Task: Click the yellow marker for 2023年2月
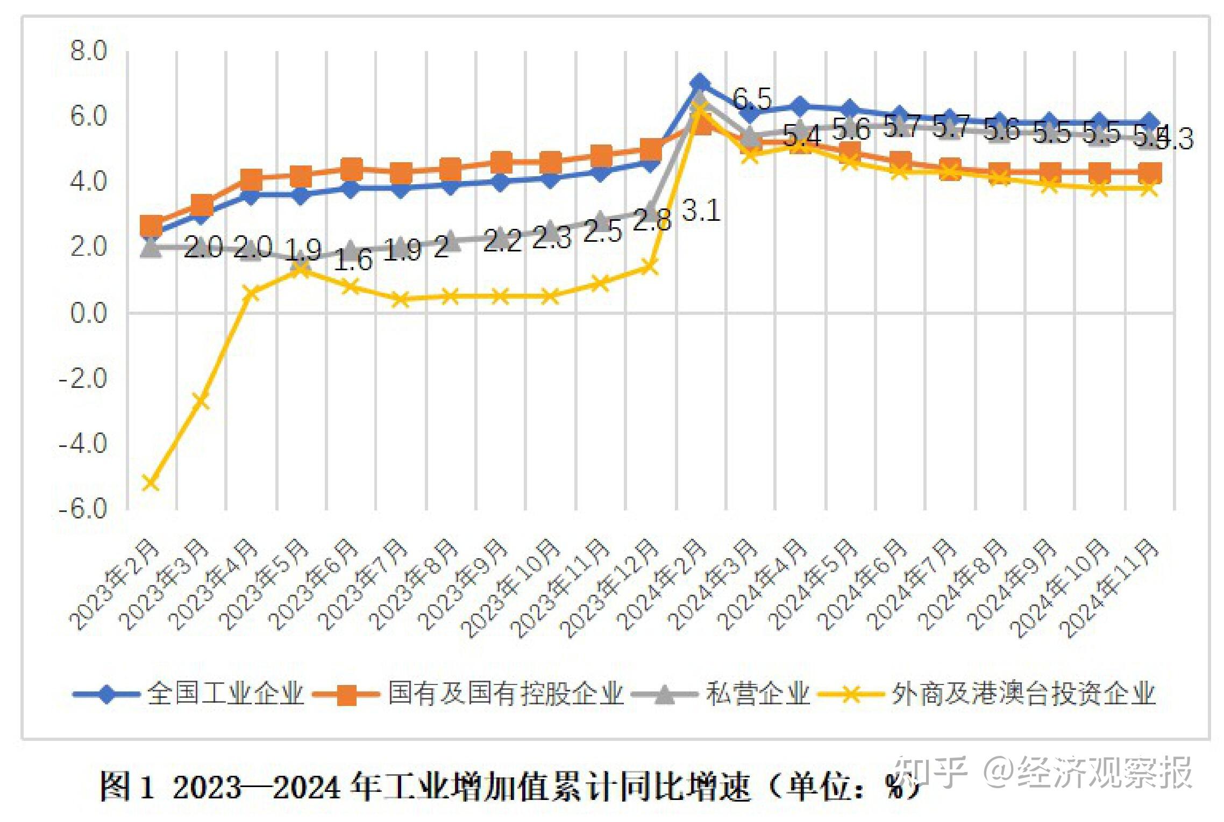(x=151, y=482)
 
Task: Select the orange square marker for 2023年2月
(x=152, y=226)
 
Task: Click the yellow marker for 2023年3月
(x=201, y=400)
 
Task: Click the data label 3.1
(x=701, y=210)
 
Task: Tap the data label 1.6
(x=353, y=260)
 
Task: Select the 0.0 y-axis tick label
(x=89, y=312)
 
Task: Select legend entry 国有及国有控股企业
(x=506, y=694)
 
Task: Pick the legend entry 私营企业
(x=757, y=694)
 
